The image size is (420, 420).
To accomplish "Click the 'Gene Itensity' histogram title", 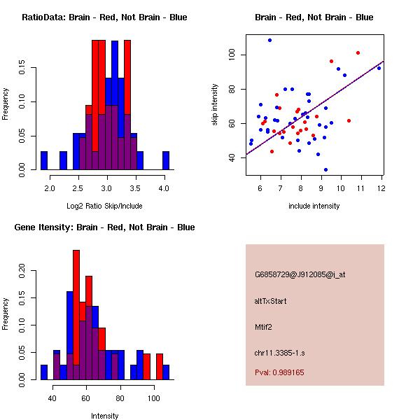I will (104, 227).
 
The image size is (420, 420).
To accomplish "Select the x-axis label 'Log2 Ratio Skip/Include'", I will (104, 206).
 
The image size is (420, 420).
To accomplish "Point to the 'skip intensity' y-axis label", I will (215, 105).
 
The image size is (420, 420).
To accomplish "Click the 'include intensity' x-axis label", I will (314, 206).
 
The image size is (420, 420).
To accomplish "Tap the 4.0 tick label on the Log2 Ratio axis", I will (164, 188).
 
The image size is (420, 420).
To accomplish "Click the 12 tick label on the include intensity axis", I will (380, 188).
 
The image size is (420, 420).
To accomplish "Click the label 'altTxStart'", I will (271, 301).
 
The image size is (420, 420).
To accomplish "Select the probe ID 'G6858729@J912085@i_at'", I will (300, 274).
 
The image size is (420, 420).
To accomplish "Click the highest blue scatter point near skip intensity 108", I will (269, 41).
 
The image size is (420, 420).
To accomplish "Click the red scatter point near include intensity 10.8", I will (358, 52).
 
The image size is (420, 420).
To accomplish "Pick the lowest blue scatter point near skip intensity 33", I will (325, 169).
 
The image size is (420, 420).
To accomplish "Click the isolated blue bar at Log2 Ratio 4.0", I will (166, 161).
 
